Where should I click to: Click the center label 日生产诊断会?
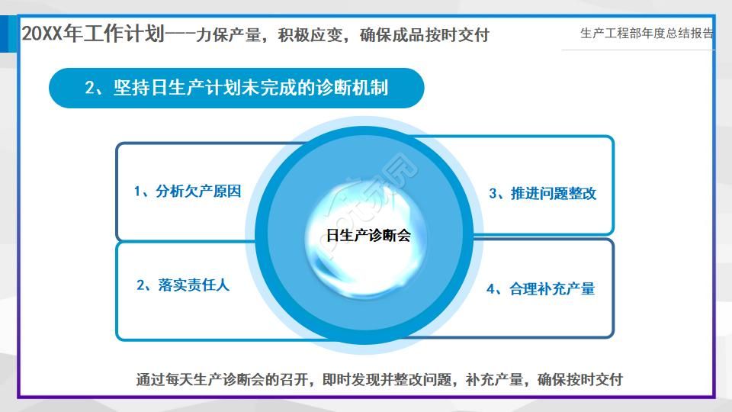coord(368,236)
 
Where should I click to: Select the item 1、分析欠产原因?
coord(188,192)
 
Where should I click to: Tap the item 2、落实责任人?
coord(183,285)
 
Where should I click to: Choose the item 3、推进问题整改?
coord(542,194)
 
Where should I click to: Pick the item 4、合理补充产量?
coord(541,289)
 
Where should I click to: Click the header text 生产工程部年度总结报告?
coord(647,34)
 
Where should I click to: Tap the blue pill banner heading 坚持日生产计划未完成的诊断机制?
coord(236,88)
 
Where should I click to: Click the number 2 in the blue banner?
coord(90,89)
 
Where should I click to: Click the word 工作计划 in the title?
coord(128,34)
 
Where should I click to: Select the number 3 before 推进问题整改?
coord(493,194)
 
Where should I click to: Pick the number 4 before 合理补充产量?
coord(491,289)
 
